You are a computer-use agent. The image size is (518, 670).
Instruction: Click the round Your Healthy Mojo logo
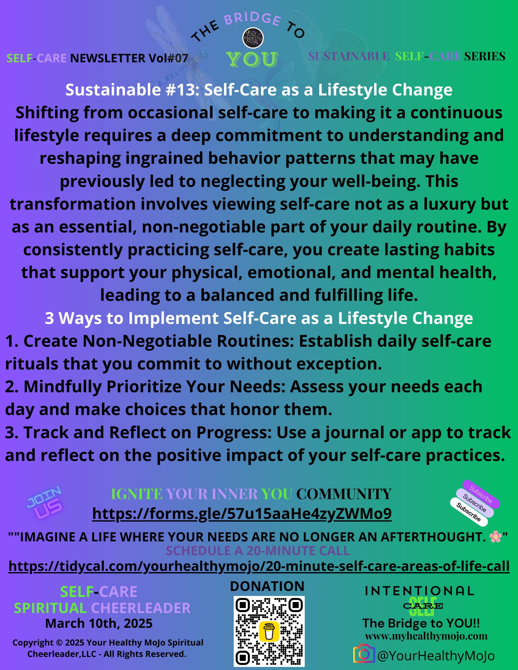point(253,38)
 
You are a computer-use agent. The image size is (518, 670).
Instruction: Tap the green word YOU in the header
point(252,60)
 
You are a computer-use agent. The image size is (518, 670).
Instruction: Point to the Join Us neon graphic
point(45,503)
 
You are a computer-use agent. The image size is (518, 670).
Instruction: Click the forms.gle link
point(242,514)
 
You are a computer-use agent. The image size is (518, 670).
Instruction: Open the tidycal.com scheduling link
point(259,566)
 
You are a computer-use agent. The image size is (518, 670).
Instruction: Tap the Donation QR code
point(269,631)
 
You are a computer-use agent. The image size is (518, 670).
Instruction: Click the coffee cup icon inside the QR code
point(269,631)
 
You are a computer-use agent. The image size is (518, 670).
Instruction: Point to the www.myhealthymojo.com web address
point(426,636)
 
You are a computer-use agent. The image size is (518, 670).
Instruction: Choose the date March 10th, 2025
point(99,623)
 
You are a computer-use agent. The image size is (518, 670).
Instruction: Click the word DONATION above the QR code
point(267,587)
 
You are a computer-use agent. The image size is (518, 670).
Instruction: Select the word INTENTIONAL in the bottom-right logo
point(419,591)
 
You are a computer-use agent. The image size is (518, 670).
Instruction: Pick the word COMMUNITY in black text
point(344,494)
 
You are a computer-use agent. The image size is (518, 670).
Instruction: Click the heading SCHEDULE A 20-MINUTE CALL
point(258,551)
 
